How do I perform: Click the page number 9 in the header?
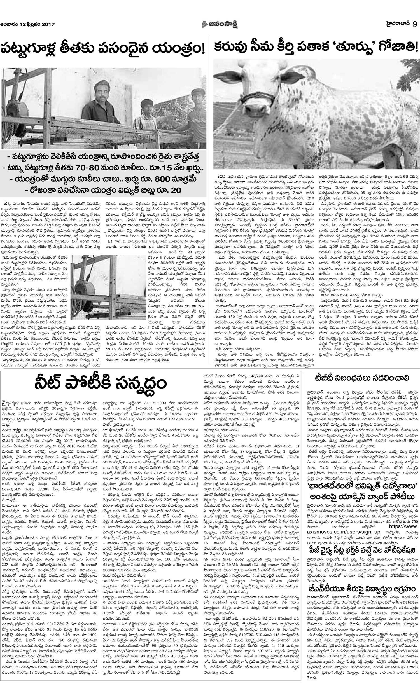click(x=414, y=25)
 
